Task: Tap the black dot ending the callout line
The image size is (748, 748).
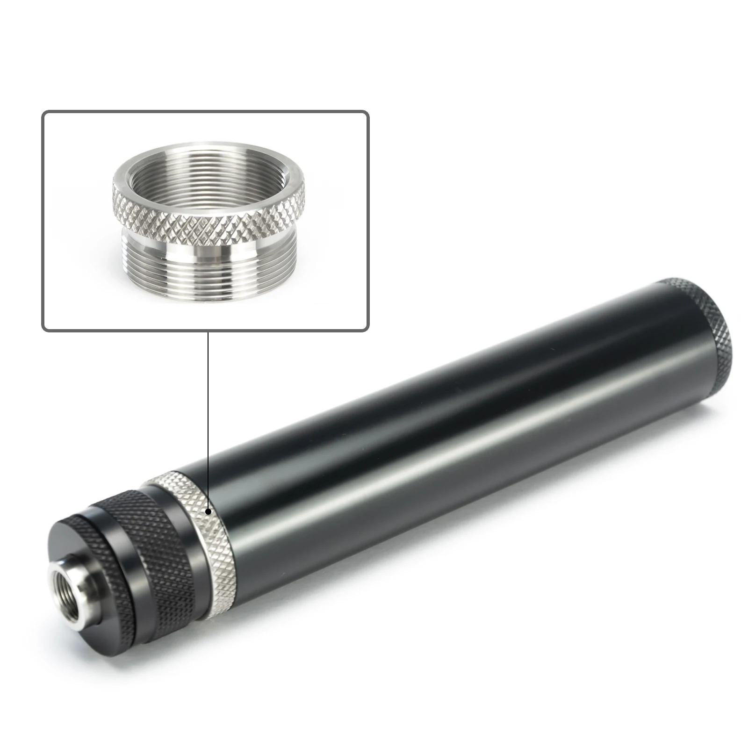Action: (x=208, y=512)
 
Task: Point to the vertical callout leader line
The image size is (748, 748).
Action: (x=208, y=421)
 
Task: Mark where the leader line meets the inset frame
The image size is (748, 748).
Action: (x=208, y=331)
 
